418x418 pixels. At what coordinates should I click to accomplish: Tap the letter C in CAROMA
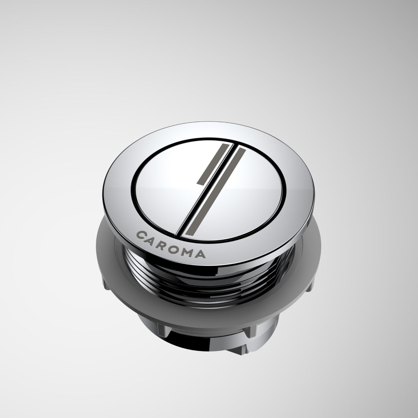(141, 235)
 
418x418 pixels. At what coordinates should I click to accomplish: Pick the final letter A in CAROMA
(200, 254)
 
